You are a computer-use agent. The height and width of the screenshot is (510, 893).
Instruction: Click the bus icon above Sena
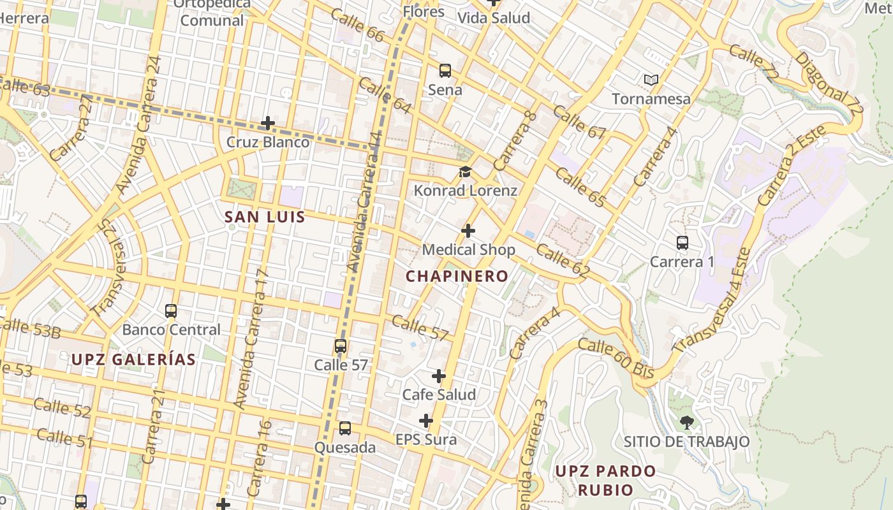point(445,71)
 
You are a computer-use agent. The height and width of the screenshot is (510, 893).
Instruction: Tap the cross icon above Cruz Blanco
point(268,123)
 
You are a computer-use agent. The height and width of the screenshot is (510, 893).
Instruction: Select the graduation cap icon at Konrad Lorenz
point(465,172)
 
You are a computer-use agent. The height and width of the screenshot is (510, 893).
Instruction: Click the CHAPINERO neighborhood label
point(457,276)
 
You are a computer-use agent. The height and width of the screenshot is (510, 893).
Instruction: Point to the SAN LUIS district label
point(265,217)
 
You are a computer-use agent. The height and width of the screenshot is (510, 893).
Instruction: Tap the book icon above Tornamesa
point(651,80)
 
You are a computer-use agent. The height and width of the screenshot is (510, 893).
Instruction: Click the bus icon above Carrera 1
point(682,243)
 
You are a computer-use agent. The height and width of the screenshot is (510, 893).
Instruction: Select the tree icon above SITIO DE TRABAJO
point(686,422)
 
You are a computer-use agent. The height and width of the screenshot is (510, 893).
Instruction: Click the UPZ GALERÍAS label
point(133,359)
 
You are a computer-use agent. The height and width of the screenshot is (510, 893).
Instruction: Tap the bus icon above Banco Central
point(171,311)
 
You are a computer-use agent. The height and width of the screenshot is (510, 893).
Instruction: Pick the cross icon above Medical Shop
point(468,231)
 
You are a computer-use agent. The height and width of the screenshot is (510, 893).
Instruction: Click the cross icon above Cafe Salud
point(439,376)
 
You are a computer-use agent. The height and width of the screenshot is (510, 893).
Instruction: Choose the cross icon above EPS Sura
point(426,421)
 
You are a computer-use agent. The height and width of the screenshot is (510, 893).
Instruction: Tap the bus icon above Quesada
point(345,428)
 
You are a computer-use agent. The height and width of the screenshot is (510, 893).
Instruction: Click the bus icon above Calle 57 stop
point(341,346)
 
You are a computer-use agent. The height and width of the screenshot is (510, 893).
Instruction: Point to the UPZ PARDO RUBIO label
point(605,480)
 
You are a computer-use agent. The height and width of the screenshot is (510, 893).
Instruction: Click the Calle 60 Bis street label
point(616,358)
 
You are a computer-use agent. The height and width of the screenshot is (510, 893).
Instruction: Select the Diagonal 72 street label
point(829,83)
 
